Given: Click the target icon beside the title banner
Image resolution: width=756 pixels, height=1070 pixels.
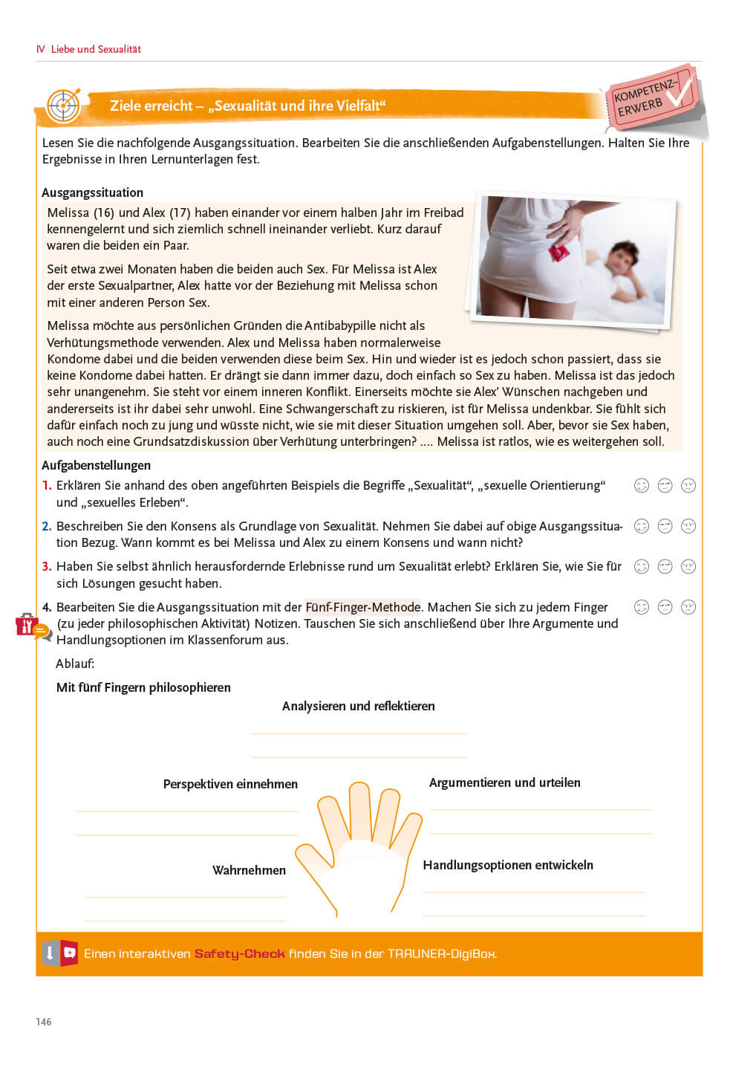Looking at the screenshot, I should tap(64, 106).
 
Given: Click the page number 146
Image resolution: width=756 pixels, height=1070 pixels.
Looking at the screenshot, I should tap(44, 1022).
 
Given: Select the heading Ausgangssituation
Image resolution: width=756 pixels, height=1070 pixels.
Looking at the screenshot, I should tap(92, 192).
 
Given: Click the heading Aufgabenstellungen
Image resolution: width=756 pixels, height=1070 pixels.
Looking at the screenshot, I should tap(96, 465).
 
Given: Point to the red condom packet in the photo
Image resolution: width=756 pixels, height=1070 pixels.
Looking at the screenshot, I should tap(558, 253).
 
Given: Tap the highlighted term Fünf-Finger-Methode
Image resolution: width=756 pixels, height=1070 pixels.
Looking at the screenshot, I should tap(362, 607).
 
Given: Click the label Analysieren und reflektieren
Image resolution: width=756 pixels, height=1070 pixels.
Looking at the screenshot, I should tap(358, 706).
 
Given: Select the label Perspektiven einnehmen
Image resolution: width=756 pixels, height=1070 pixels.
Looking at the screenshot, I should tap(230, 784).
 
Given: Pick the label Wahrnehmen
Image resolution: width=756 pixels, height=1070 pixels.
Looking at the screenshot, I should tap(249, 870).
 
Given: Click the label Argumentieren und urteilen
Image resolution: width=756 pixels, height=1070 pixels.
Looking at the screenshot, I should tap(505, 782).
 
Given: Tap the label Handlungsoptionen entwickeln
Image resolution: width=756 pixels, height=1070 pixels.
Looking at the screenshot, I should tap(508, 865).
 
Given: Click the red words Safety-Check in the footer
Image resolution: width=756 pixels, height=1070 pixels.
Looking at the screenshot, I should tap(239, 953).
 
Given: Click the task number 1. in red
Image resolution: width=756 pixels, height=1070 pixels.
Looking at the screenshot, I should tap(47, 485).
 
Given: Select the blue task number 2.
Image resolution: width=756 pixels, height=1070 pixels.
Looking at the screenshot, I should tap(47, 526).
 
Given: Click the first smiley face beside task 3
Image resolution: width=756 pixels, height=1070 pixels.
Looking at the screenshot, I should tap(642, 566).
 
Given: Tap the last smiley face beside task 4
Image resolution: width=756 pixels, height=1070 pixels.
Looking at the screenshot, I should tap(688, 607).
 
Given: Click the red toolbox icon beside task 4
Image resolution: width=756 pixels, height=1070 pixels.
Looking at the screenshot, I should tap(27, 625).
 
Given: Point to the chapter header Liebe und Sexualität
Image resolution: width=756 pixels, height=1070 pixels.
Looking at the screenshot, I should tap(95, 49).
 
